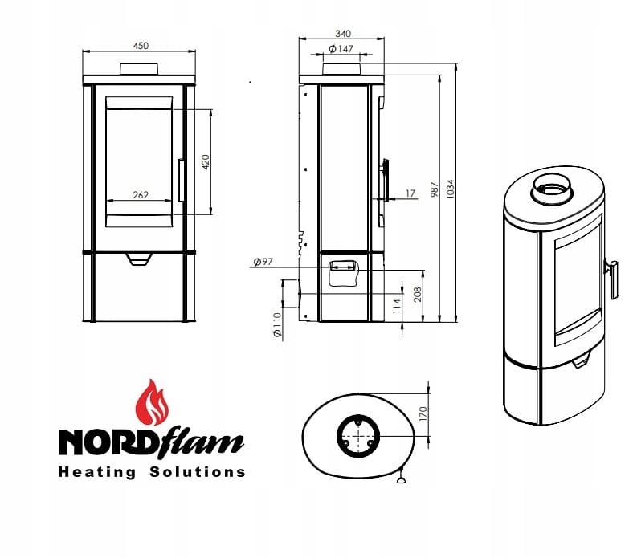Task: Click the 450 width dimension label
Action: coord(141,46)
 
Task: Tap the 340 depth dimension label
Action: coord(343,34)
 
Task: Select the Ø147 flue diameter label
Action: coord(341,49)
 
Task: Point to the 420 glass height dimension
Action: coord(206,162)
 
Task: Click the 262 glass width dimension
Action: coord(141,195)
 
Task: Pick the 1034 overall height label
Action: coord(450,189)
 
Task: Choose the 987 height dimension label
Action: coord(435,189)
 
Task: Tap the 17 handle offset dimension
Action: coord(410,193)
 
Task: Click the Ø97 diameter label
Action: coord(263,262)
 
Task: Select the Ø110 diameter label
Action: coord(277,326)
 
